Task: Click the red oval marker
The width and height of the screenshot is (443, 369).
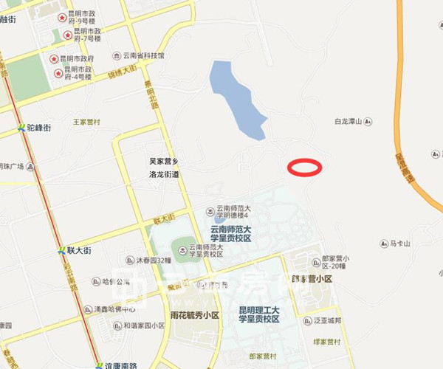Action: pyautogui.click(x=304, y=168)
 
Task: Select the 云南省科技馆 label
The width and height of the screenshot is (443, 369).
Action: pyautogui.click(x=144, y=56)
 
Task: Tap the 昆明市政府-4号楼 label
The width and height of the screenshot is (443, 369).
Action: pyautogui.click(x=79, y=73)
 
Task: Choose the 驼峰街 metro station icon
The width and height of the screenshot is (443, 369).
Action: pyautogui.click(x=22, y=128)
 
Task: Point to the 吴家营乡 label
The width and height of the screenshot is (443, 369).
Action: pyautogui.click(x=164, y=161)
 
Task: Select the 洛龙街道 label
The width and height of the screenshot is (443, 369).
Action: pyautogui.click(x=164, y=175)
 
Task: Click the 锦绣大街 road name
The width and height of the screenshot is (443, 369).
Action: pyautogui.click(x=122, y=72)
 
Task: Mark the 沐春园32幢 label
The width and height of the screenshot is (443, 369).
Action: pyautogui.click(x=154, y=261)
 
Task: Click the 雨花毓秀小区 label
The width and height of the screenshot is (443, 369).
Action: pyautogui.click(x=195, y=315)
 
